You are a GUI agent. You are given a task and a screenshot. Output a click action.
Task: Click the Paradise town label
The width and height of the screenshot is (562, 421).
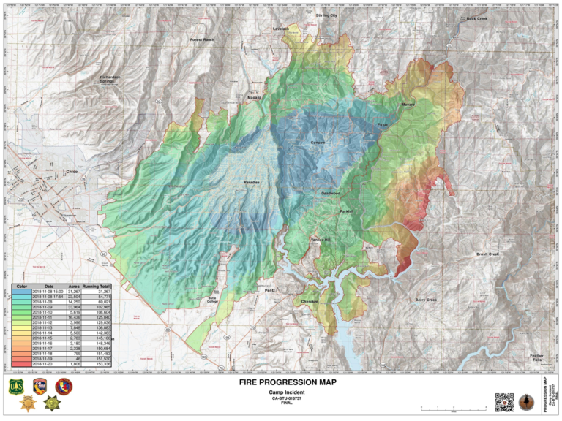pos(252,182)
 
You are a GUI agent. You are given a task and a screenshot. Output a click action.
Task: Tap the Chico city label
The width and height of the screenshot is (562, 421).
pos(71,171)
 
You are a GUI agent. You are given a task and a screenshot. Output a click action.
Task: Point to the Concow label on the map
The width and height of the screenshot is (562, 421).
pos(318,142)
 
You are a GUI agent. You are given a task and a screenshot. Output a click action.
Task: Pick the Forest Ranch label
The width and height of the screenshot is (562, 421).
pos(202,39)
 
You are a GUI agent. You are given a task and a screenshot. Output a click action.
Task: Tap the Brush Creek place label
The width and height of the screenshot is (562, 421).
pos(487,254)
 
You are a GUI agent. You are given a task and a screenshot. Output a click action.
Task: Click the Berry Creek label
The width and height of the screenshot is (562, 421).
pos(425,300)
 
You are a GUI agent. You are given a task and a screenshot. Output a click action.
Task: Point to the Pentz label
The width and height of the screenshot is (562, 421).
pos(269,290)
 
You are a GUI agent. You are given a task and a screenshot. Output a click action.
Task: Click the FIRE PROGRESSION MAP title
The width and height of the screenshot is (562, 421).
pos(280,382)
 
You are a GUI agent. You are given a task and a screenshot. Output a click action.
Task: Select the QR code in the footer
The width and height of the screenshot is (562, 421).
pos(504,402)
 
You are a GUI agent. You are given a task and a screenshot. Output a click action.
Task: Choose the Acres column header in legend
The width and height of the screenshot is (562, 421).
pos(74,286)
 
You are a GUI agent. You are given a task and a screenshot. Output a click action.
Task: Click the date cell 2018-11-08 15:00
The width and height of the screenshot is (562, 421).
pos(49,291)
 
